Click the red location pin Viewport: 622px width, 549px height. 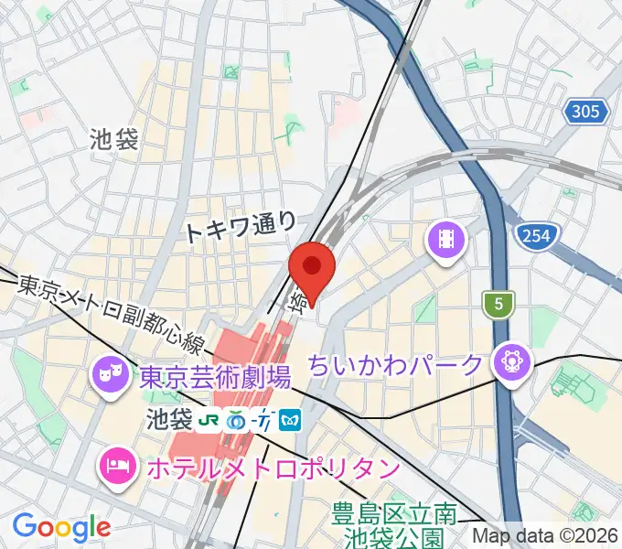(312, 267)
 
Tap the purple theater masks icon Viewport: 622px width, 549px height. (108, 374)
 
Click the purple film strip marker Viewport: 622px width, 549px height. (446, 241)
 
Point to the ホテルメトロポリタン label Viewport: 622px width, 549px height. (273, 469)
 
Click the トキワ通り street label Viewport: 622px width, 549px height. (241, 225)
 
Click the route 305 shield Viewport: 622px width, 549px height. (585, 113)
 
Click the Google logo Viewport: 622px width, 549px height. (60, 527)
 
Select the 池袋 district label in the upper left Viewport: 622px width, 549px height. (115, 139)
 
